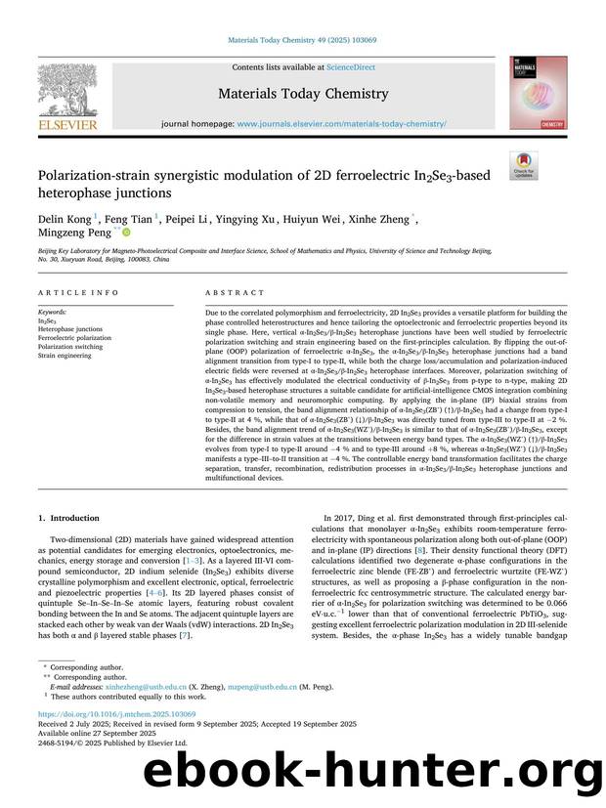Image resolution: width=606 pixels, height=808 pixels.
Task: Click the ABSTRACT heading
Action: (x=235, y=292)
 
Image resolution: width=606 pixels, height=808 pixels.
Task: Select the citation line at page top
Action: (x=302, y=40)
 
